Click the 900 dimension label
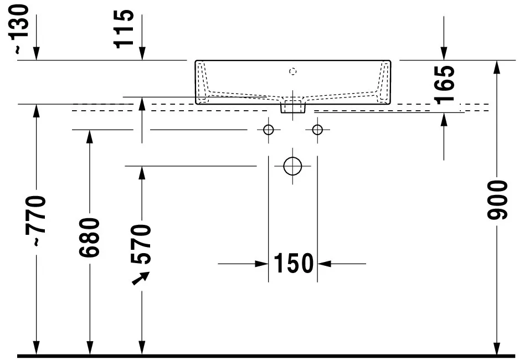pyautogui.click(x=497, y=200)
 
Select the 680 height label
pyautogui.click(x=89, y=237)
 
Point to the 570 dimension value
pyautogui.click(x=141, y=244)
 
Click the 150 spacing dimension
pyautogui.click(x=294, y=264)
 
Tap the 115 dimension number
pyautogui.click(x=124, y=29)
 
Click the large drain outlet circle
pyautogui.click(x=292, y=166)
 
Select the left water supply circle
pyautogui.click(x=269, y=130)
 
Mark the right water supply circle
pyautogui.click(x=317, y=130)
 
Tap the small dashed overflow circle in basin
pyautogui.click(x=292, y=71)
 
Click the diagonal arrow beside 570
pyautogui.click(x=141, y=278)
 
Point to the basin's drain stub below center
pyautogui.click(x=293, y=107)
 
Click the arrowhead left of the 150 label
pyautogui.click(x=261, y=264)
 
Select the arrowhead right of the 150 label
pyautogui.click(x=325, y=264)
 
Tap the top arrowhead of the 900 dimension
pyautogui.click(x=497, y=68)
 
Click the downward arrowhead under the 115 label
pyautogui.click(x=142, y=54)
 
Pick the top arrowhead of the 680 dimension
pyautogui.click(x=89, y=137)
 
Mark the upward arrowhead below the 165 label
pyautogui.click(x=444, y=120)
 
